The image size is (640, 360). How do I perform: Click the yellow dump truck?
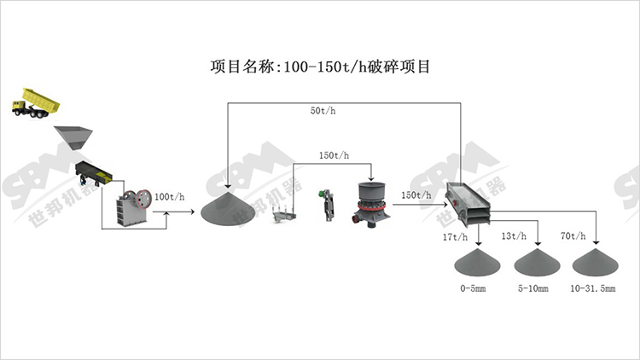[x=36, y=103]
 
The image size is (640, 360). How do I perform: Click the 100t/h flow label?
[x=170, y=197]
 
